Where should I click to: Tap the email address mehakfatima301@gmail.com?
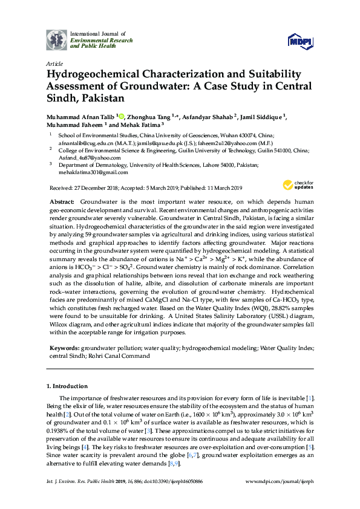91,172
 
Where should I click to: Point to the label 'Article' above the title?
54,63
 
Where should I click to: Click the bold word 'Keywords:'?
64,349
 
